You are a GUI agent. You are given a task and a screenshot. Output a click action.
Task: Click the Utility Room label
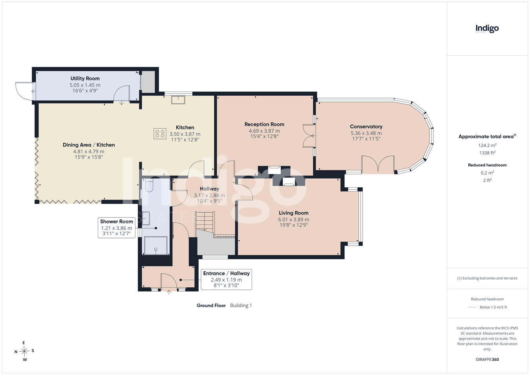pyautogui.click(x=85, y=78)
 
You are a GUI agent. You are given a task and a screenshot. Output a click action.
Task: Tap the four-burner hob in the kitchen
pyautogui.click(x=160, y=134)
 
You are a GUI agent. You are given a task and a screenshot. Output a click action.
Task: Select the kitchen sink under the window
pyautogui.click(x=178, y=100)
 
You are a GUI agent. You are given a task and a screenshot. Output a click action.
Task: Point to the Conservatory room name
pyautogui.click(x=366, y=126)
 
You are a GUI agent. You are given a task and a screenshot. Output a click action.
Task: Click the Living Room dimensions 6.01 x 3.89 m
pyautogui.click(x=294, y=220)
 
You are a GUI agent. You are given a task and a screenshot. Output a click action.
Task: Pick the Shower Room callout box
pyautogui.click(x=117, y=228)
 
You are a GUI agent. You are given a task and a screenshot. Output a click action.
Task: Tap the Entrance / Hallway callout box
pyautogui.click(x=226, y=280)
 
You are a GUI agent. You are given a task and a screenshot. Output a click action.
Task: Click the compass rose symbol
pyautogui.click(x=24, y=351)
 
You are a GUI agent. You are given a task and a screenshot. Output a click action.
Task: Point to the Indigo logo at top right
pyautogui.click(x=487, y=29)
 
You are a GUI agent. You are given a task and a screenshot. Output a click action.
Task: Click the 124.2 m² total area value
pyautogui.click(x=487, y=145)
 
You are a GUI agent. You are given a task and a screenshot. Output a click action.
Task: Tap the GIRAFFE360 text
pyautogui.click(x=487, y=359)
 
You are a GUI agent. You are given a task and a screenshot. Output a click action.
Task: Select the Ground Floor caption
pyautogui.click(x=211, y=305)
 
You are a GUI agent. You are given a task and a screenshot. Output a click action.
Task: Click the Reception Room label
pyautogui.click(x=264, y=124)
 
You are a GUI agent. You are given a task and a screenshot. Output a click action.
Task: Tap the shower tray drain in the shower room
pyautogui.click(x=156, y=249)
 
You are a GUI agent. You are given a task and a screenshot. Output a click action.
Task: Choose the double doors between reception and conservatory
pyautogui.click(x=309, y=136)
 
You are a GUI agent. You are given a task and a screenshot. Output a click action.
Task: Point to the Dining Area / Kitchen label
pyautogui.click(x=89, y=145)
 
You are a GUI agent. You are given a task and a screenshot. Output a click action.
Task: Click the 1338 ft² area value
pyautogui.click(x=487, y=153)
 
